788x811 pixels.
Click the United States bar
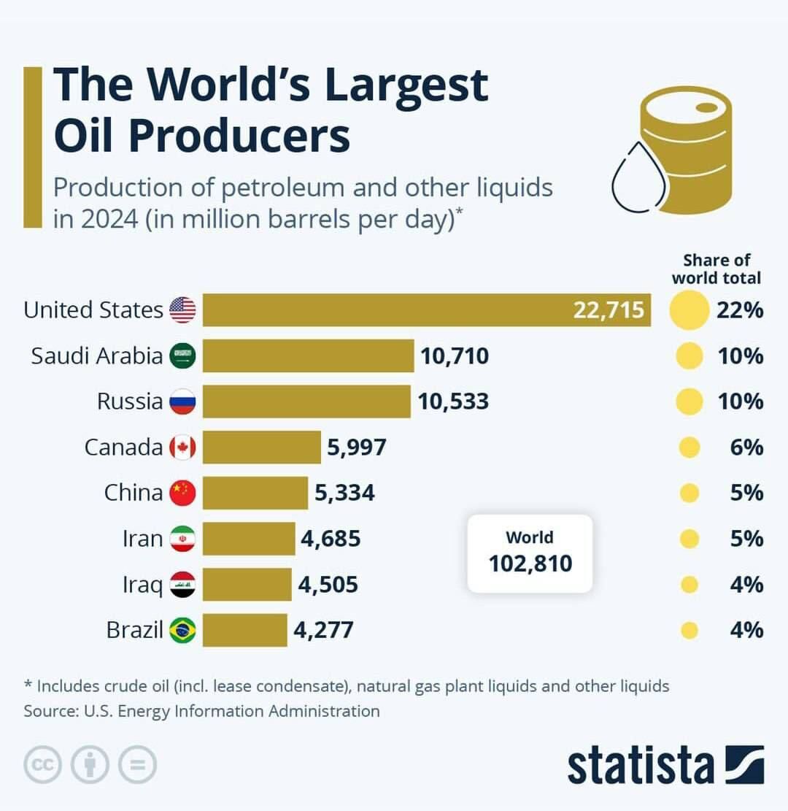tap(426, 310)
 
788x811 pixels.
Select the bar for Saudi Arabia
tap(308, 356)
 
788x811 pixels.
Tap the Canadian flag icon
tap(182, 447)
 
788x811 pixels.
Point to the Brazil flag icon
tap(182, 629)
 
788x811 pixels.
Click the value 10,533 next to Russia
tap(453, 401)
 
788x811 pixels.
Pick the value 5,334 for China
tap(344, 493)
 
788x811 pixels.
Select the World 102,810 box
tap(530, 553)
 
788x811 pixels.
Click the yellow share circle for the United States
tap(689, 310)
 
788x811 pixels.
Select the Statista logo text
tap(641, 764)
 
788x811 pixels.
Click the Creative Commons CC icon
tap(43, 765)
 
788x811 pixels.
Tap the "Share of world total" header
tap(716, 269)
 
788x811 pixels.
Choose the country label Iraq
tap(142, 584)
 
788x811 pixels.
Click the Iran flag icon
tap(182, 539)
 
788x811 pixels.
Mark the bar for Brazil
tap(245, 629)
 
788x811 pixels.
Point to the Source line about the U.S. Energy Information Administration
tap(202, 711)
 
